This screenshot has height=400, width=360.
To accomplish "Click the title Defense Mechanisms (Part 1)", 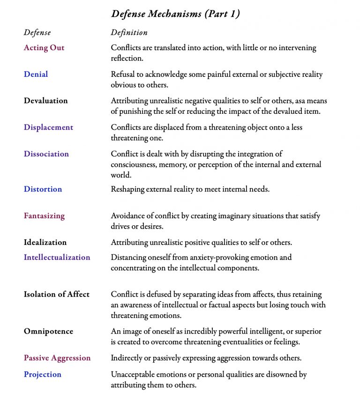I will pyautogui.click(x=175, y=14).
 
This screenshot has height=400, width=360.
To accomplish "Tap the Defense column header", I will pyautogui.click(x=37, y=33).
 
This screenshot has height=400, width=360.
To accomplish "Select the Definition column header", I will pyautogui.click(x=129, y=33).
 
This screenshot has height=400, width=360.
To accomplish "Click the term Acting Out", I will pyautogui.click(x=44, y=48).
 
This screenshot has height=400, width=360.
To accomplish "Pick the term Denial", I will pyautogui.click(x=36, y=74).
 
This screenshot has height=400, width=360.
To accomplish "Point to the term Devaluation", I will pyautogui.click(x=45, y=101).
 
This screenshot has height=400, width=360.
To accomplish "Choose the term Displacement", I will pyautogui.click(x=48, y=127).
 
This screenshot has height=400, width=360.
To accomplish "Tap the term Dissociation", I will pyautogui.click(x=46, y=154).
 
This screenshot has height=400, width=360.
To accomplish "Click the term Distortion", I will pyautogui.click(x=43, y=189).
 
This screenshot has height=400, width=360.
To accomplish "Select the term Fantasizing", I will pyautogui.click(x=44, y=216).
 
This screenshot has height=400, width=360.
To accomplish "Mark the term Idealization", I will pyautogui.click(x=45, y=242).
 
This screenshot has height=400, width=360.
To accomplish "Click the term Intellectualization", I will pyautogui.click(x=57, y=257).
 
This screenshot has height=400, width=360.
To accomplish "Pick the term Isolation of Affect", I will pyautogui.click(x=56, y=295).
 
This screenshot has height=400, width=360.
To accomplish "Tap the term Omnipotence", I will pyautogui.click(x=48, y=331).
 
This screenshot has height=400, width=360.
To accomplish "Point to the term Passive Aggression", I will pyautogui.click(x=57, y=358).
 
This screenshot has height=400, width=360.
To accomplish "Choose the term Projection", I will pyautogui.click(x=42, y=374).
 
